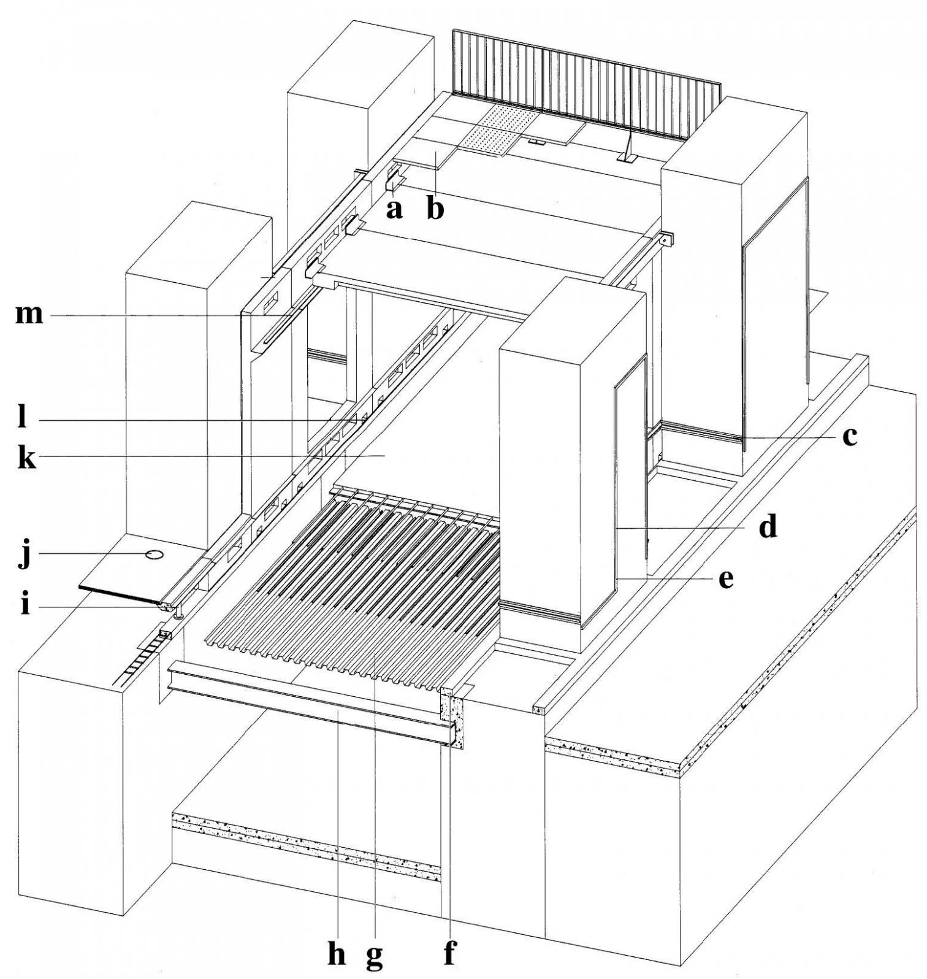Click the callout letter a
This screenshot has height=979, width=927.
(x=394, y=210)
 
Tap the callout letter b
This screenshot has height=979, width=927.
(x=435, y=210)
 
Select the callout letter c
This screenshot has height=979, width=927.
(x=849, y=437)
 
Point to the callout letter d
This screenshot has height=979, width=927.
(x=768, y=527)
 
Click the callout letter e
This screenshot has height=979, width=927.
(x=726, y=578)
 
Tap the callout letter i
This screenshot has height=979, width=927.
(x=25, y=605)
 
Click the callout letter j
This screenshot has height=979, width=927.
(x=25, y=555)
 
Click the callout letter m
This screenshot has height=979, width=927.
(x=29, y=315)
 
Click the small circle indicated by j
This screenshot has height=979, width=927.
(x=154, y=555)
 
